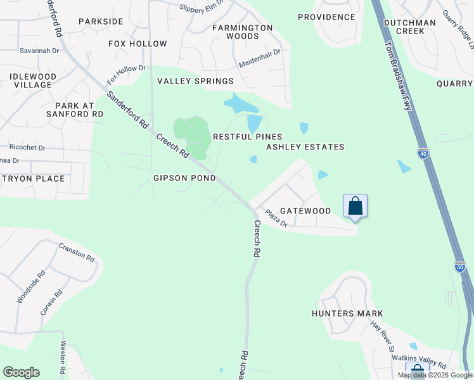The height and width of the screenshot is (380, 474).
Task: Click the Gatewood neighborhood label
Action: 305,210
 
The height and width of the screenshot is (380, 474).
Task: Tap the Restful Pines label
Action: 247,137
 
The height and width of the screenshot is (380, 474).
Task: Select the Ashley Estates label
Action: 305,147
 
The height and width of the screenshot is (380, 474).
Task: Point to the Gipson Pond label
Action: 184,178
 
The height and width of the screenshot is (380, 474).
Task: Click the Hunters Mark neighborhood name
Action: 347,313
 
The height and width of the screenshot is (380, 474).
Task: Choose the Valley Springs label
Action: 195,81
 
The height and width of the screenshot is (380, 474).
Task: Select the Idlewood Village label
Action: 33,80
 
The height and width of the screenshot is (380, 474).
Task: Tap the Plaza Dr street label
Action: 276,218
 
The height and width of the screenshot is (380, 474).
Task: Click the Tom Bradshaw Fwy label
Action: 399,76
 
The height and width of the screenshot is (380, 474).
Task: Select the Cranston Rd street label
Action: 77,253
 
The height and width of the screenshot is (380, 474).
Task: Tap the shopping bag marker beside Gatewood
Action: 355,206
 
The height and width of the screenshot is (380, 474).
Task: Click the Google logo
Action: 21,372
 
